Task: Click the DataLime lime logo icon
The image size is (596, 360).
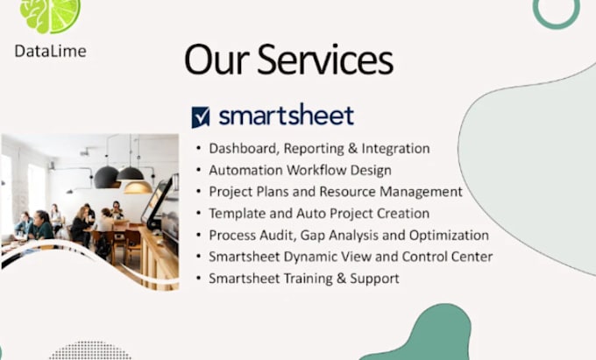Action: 49,13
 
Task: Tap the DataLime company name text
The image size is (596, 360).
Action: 50,51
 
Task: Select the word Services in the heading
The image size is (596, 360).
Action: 326,60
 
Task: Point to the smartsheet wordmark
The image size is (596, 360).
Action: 286,116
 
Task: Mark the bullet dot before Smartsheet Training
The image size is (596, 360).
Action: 198,279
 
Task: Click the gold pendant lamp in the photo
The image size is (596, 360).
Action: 138,186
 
